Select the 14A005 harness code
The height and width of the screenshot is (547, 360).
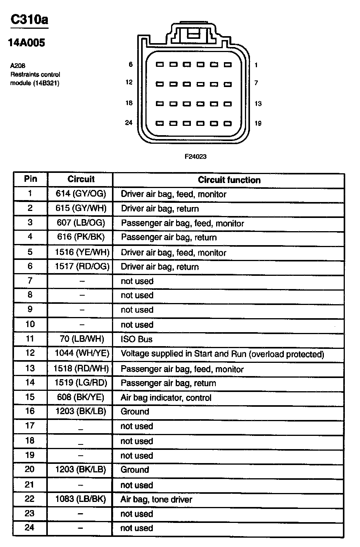26,43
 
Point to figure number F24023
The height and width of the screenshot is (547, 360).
195,157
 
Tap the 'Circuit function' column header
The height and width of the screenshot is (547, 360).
229,180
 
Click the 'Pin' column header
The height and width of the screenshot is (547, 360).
30,179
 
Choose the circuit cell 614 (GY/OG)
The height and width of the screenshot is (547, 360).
81,193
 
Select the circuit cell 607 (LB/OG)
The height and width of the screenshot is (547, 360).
80,223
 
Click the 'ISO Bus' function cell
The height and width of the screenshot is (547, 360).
136,339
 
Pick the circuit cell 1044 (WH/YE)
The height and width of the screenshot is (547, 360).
82,353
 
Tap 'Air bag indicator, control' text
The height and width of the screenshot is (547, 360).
166,397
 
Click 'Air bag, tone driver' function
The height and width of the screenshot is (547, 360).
156,499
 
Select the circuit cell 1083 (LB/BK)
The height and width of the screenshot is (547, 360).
80,499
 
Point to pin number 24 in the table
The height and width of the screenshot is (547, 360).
30,527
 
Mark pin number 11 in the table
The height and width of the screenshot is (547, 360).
30,338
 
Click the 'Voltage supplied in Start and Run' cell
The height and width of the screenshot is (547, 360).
222,354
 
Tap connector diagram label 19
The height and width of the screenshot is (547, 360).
258,124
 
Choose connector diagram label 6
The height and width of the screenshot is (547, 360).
131,64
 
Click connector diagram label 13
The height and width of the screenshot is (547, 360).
258,103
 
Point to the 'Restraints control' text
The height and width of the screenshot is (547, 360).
35,74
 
